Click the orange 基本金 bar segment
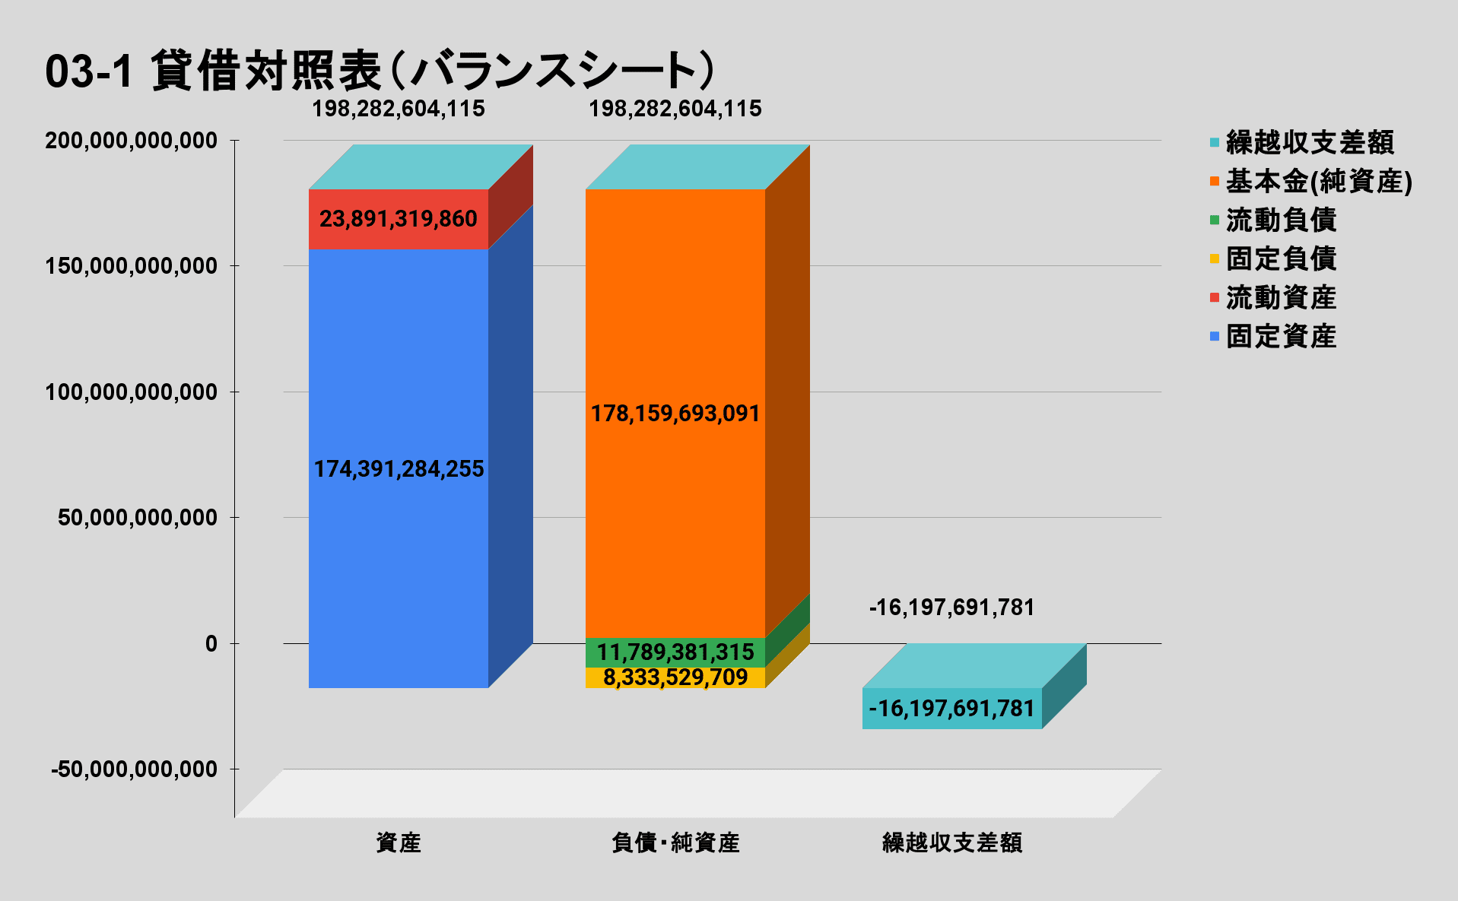point(675,304)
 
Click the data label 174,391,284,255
point(399,469)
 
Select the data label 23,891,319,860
point(398,219)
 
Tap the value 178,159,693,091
point(675,414)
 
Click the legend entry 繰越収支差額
point(1310,142)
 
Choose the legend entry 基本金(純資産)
point(1319,181)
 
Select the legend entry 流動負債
point(1281,220)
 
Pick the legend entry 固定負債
point(1281,259)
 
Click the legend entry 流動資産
point(1281,297)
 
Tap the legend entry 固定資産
point(1281,336)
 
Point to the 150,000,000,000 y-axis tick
point(131,266)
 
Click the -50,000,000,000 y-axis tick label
point(134,769)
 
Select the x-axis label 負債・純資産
point(675,842)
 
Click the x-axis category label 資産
point(398,842)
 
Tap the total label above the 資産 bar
point(398,109)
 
